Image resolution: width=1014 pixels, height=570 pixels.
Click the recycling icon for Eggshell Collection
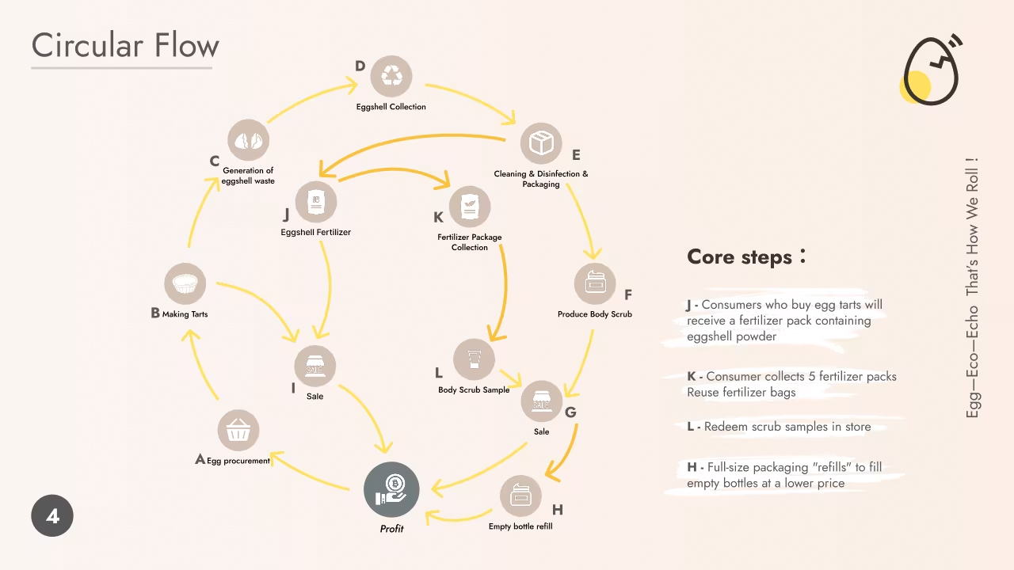tap(391, 76)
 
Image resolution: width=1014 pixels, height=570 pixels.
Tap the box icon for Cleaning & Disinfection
tap(541, 143)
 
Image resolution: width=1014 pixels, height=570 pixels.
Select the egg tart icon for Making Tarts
tap(185, 284)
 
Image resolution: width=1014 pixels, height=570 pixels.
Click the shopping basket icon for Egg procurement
tap(238, 431)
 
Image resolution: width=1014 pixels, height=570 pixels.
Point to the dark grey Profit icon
tap(391, 489)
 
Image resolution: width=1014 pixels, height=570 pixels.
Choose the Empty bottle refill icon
tap(520, 496)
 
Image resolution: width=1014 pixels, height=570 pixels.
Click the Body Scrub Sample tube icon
tap(474, 359)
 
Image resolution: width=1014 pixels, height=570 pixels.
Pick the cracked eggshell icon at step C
tap(249, 141)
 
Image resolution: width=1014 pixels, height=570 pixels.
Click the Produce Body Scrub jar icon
tap(595, 283)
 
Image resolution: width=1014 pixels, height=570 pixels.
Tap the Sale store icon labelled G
tap(542, 401)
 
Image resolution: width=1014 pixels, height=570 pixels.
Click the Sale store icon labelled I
tap(314, 367)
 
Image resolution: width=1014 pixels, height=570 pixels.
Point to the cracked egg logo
tap(931, 70)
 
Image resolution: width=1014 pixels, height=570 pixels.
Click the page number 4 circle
tap(52, 516)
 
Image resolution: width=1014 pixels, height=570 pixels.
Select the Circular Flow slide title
tap(125, 45)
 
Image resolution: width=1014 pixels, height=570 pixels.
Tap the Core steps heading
tap(740, 257)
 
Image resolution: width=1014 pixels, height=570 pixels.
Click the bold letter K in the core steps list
tap(692, 377)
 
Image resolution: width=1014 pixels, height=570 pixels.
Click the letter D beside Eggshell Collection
tap(360, 66)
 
